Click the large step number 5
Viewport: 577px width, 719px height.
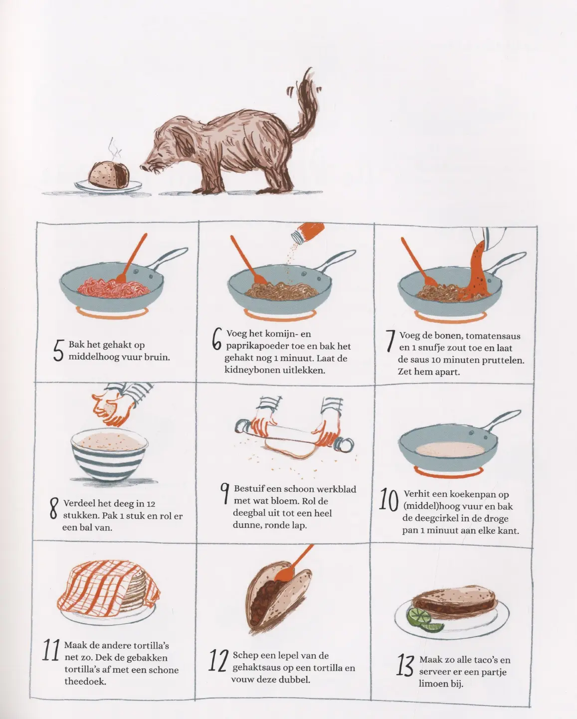58,351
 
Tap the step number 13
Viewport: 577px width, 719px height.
405,665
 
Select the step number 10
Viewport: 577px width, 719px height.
389,500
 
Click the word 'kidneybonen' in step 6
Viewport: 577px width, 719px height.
251,370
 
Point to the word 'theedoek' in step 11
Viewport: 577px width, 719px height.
85,681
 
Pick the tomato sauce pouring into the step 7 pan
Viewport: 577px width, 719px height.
477,271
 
